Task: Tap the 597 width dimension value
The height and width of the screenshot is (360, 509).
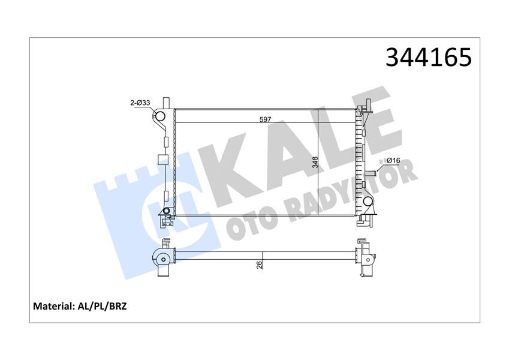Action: (266, 119)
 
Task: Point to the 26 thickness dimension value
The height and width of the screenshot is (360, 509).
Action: (259, 265)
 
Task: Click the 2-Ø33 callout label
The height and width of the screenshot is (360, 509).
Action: (140, 104)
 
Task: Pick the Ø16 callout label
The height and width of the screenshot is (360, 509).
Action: (393, 160)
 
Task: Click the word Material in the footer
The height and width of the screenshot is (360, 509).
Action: (53, 306)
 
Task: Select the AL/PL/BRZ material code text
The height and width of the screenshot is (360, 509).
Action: (103, 306)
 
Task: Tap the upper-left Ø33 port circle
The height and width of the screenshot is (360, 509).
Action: (161, 116)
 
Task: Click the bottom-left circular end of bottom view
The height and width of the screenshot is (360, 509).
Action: (162, 260)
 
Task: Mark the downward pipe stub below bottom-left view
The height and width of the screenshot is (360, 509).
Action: (162, 272)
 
